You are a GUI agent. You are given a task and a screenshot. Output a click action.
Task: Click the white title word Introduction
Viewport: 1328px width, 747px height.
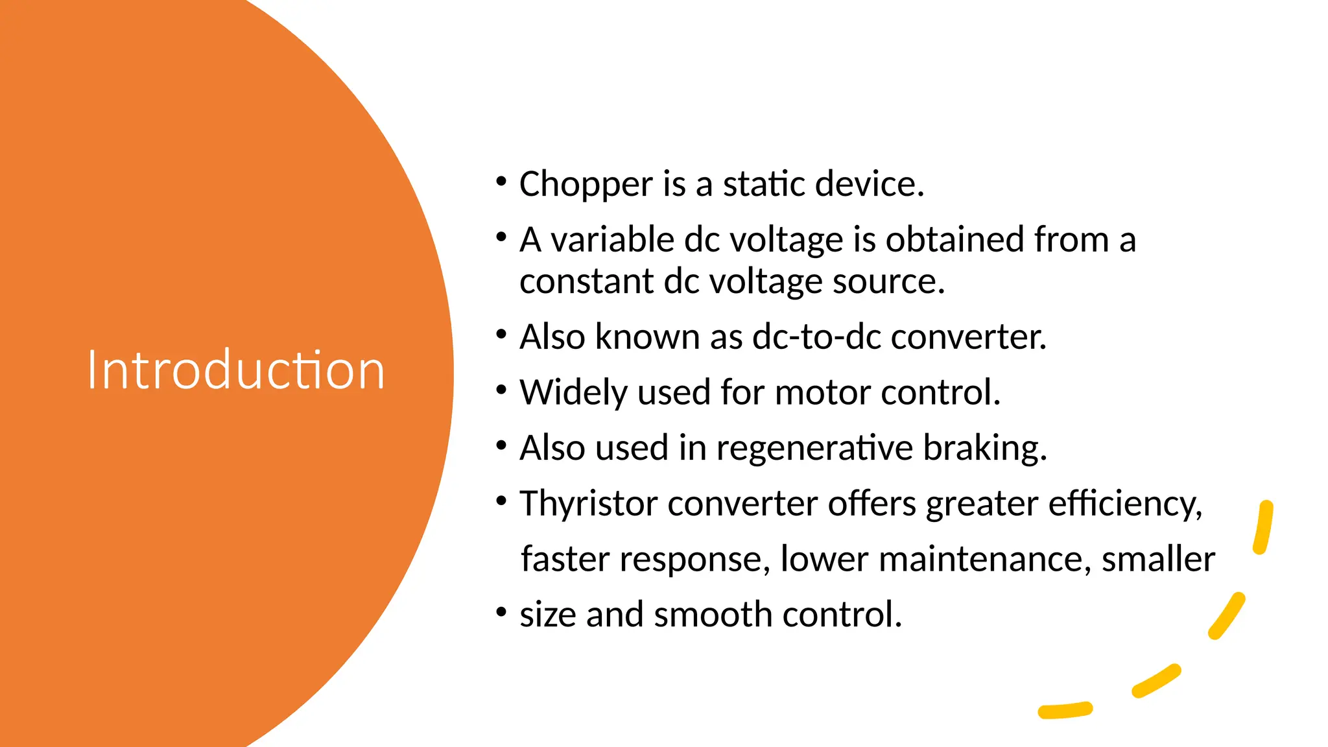click(x=236, y=370)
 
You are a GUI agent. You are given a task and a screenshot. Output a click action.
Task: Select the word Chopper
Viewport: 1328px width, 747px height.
click(x=586, y=185)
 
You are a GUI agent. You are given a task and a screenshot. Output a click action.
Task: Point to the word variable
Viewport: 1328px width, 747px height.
click(x=612, y=240)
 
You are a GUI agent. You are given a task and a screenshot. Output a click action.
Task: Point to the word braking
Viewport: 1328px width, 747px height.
click(x=984, y=449)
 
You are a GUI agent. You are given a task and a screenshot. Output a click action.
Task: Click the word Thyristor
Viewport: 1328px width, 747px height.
click(x=588, y=504)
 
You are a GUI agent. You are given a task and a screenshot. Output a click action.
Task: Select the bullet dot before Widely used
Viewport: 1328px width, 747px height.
click(x=501, y=390)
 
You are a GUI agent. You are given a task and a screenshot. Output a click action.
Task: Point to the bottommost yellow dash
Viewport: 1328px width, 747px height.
click(x=1065, y=711)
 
